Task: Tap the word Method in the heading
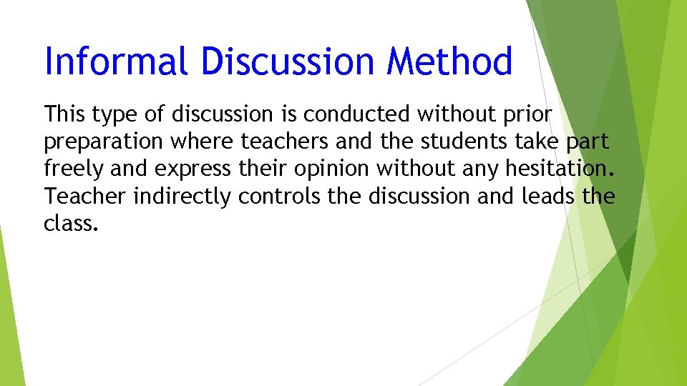[449, 61]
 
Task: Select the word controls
[281, 195]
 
